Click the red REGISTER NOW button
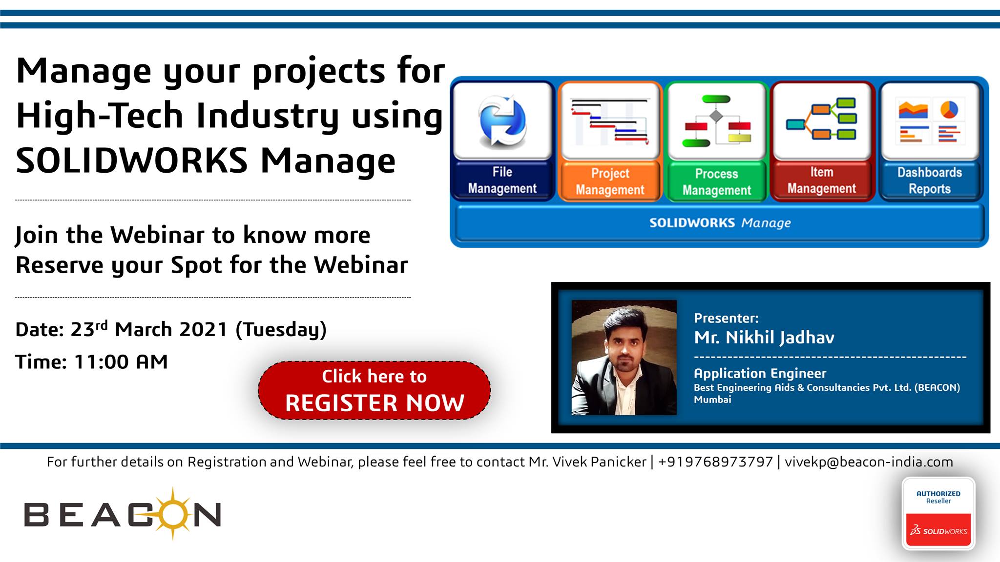(374, 390)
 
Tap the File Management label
(502, 180)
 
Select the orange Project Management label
(610, 181)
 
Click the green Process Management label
(716, 182)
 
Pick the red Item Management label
(822, 180)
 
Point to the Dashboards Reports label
(930, 181)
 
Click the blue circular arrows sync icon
(502, 121)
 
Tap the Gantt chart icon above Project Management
(610, 121)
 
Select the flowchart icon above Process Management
(716, 121)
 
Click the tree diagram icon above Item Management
(821, 119)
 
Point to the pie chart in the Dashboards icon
(949, 109)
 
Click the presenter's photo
(624, 358)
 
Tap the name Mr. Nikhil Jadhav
(764, 337)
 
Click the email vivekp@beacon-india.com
(869, 462)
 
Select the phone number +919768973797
(715, 462)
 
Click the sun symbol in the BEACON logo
(172, 514)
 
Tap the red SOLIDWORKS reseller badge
(938, 529)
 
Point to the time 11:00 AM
(121, 362)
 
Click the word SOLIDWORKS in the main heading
(132, 161)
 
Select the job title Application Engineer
(760, 374)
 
